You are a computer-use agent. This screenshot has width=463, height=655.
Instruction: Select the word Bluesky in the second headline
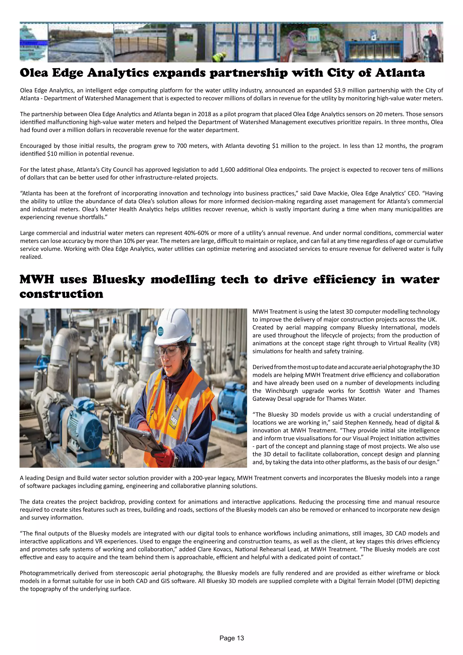pos(119,279)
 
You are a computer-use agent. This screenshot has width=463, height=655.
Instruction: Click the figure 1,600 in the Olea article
pos(227,170)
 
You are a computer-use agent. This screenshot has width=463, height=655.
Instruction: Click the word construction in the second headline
pos(61,294)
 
